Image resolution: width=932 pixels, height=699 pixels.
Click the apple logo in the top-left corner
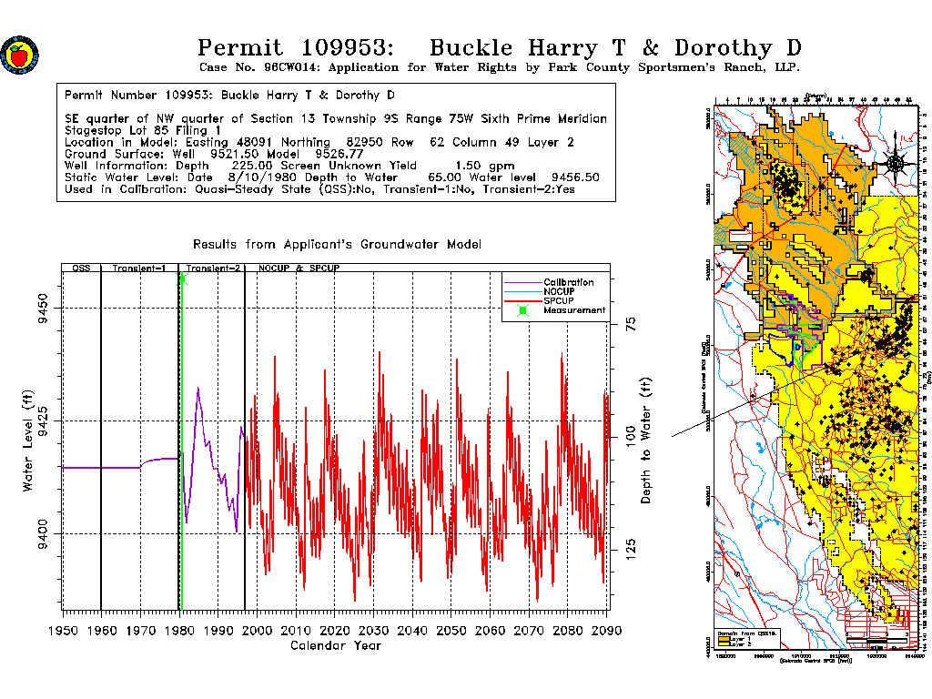tap(19, 55)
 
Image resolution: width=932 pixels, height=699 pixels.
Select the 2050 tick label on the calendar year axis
tap(451, 631)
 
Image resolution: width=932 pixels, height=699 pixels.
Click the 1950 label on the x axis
tap(62, 631)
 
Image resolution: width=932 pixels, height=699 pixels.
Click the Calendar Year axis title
tap(335, 646)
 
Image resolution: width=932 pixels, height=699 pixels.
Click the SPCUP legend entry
tap(559, 300)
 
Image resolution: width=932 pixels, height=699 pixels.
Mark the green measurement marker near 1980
tap(182, 279)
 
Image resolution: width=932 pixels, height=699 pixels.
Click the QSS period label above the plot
tap(80, 269)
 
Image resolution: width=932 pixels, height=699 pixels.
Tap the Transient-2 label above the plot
tap(213, 269)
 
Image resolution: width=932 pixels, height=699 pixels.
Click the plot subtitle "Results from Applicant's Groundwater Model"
tap(337, 245)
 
